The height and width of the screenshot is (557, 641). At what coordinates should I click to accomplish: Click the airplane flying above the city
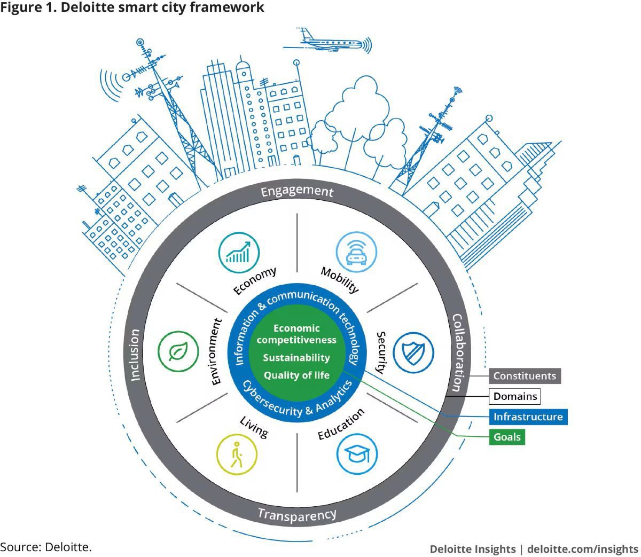[x=326, y=41]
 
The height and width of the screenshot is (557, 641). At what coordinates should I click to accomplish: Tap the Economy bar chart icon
[x=239, y=251]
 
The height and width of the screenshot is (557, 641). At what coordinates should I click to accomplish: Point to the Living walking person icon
[x=237, y=454]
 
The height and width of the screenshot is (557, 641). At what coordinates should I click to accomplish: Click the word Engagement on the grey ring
[x=297, y=191]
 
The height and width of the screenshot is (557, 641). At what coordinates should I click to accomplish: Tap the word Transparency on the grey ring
[x=297, y=515]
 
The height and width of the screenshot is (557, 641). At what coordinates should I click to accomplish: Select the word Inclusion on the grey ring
[x=134, y=355]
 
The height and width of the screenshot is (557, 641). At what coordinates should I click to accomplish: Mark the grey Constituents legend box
[x=525, y=376]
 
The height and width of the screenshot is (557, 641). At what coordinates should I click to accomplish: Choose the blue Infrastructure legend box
[x=528, y=417]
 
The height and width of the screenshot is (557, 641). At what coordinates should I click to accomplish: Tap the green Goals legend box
[x=507, y=437]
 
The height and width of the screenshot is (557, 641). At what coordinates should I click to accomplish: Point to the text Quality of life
[x=296, y=375]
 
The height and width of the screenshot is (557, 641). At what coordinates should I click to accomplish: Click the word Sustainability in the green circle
[x=296, y=357]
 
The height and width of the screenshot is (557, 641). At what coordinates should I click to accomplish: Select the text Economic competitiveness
[x=296, y=334]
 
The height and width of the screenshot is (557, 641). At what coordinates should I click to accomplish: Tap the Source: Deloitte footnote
[x=46, y=547]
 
